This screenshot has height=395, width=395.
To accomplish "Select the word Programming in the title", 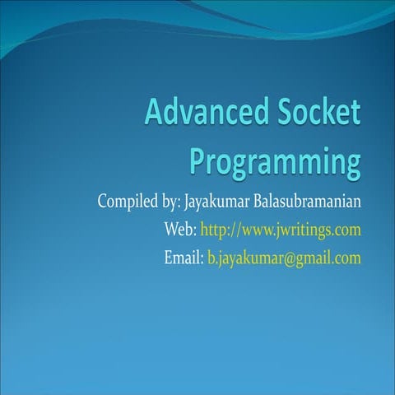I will coord(276,159).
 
